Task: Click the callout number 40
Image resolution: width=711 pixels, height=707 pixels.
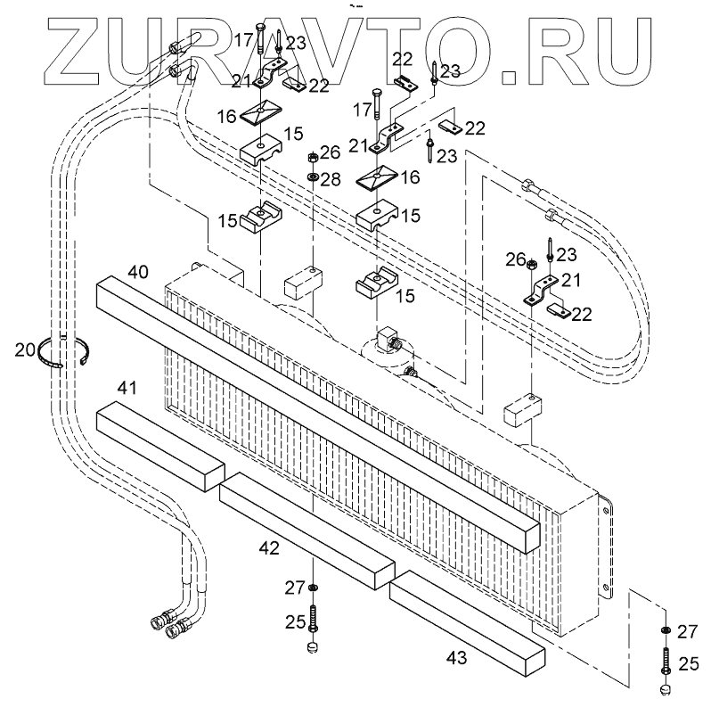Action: (x=137, y=270)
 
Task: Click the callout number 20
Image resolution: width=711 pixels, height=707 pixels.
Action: (x=24, y=349)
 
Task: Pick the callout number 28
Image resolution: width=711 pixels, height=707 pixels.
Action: (x=331, y=180)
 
